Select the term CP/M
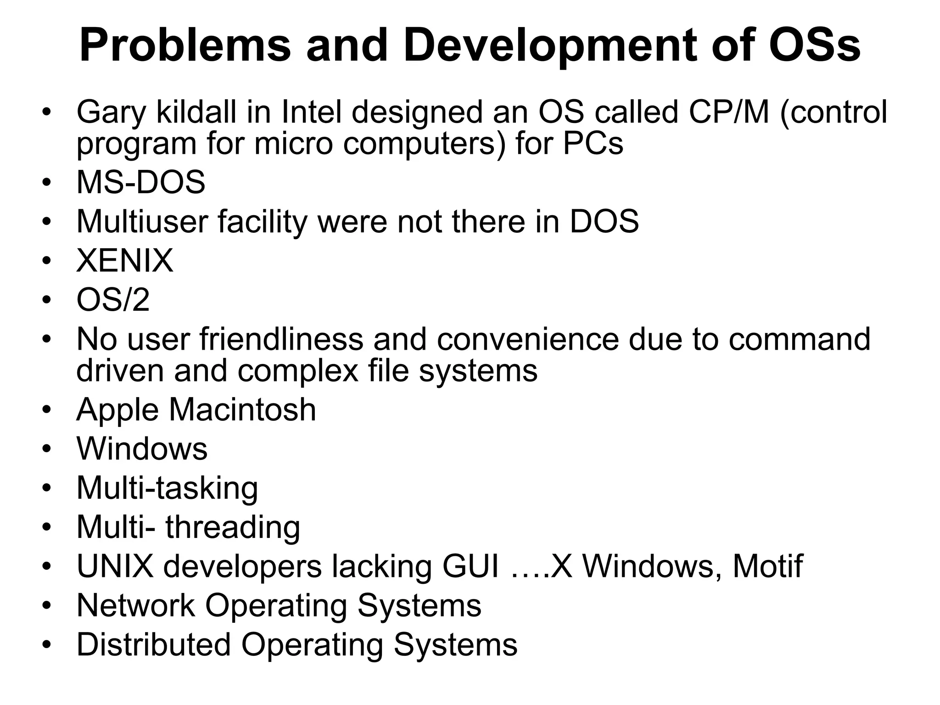729,112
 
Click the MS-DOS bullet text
140,182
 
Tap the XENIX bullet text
125,261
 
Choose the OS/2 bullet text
113,300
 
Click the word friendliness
281,339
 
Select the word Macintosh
242,409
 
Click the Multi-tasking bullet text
167,488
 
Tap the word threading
233,527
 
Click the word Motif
767,566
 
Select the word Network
136,605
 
